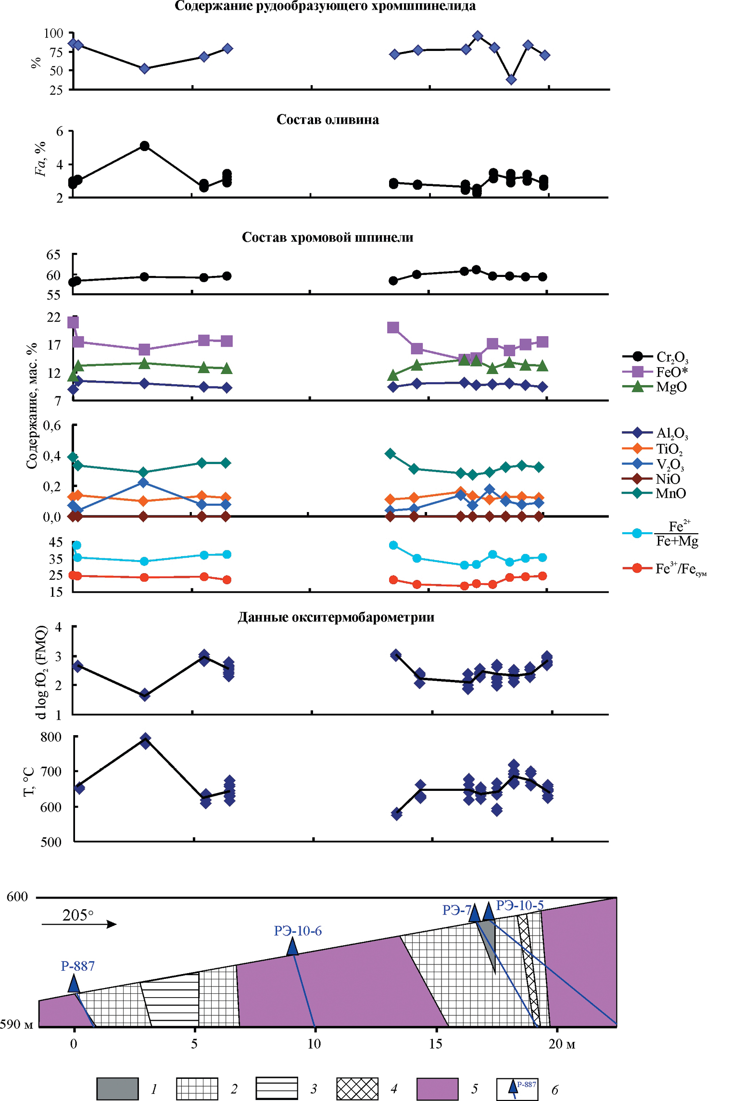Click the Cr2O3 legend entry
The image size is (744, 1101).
(656, 357)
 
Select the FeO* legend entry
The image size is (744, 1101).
(656, 372)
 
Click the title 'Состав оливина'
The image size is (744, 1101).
(328, 119)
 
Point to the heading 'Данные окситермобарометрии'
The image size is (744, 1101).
(336, 617)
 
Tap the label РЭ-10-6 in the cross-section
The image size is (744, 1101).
(298, 931)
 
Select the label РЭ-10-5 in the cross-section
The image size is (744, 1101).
(520, 905)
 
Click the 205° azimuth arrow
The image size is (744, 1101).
(79, 924)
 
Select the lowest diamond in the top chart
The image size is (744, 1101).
(511, 79)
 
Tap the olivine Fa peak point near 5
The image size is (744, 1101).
(144, 146)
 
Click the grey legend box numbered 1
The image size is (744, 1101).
(117, 1088)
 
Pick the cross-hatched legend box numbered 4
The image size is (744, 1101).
(357, 1088)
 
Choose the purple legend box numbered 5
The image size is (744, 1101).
(437, 1088)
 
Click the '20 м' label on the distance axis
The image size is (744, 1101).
(562, 1044)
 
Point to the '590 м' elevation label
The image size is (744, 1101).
(16, 1024)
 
